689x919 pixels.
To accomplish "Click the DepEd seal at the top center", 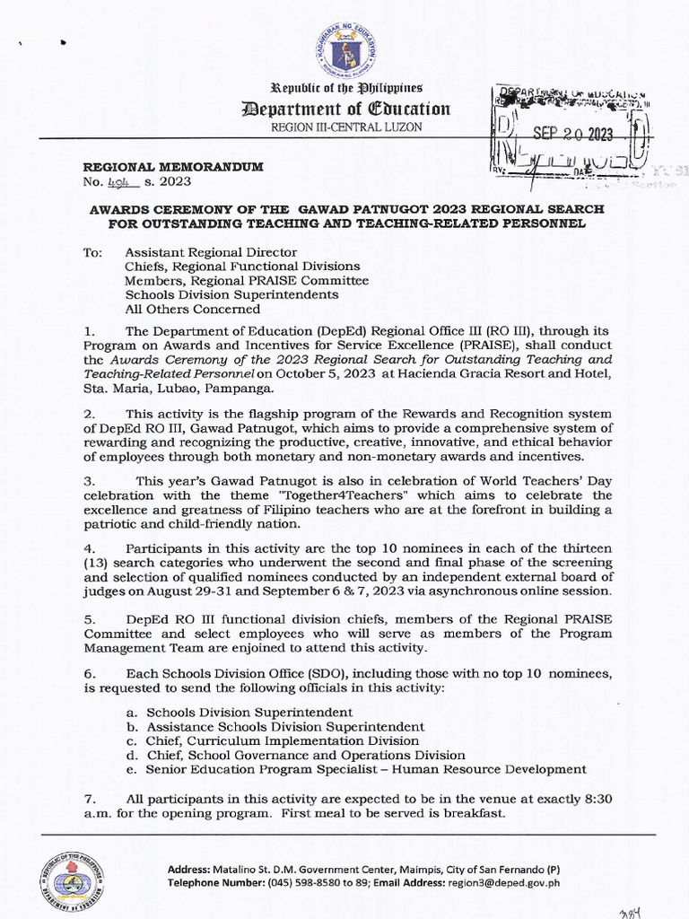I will tap(344, 51).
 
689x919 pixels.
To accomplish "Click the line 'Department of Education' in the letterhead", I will tap(345, 109).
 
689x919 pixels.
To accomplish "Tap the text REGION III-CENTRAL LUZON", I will tap(345, 127).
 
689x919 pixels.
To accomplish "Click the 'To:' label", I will tap(93, 253).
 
